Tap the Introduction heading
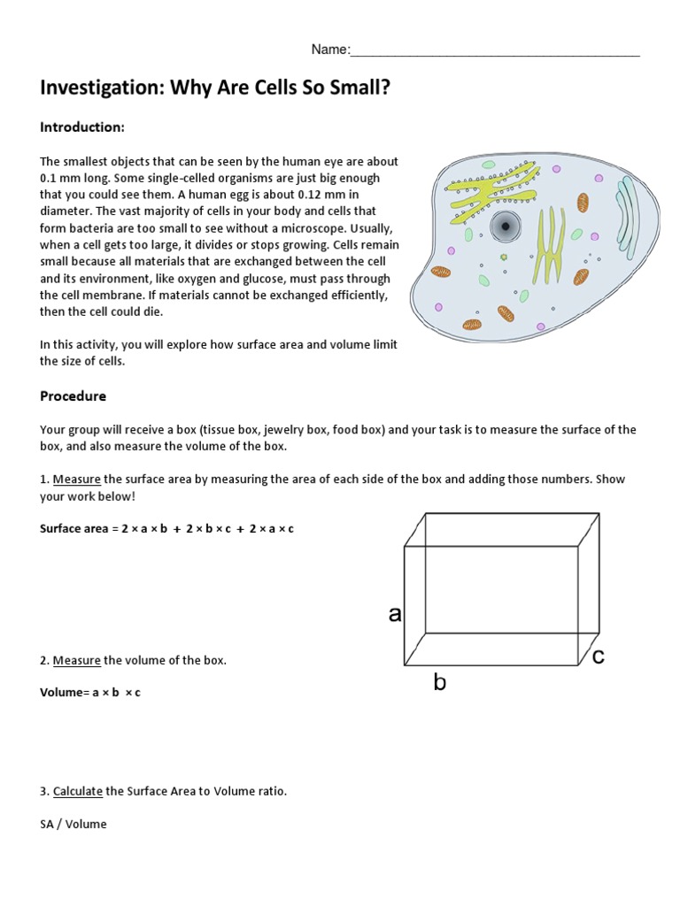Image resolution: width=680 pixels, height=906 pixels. tap(81, 127)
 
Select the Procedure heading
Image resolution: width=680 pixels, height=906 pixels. tap(73, 396)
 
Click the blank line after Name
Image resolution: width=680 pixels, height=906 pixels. tap(495, 50)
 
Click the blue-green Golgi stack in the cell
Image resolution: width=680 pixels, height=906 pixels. tap(626, 212)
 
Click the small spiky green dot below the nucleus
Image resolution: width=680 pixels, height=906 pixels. tap(504, 257)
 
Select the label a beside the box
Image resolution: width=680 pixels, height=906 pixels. tap(395, 614)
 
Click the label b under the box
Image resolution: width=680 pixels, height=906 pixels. tap(439, 682)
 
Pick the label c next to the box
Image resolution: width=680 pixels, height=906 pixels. tap(598, 656)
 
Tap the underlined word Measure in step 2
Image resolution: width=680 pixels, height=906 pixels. tap(76, 661)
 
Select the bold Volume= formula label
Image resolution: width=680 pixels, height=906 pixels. tap(65, 693)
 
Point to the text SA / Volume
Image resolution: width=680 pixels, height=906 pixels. tap(73, 825)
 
